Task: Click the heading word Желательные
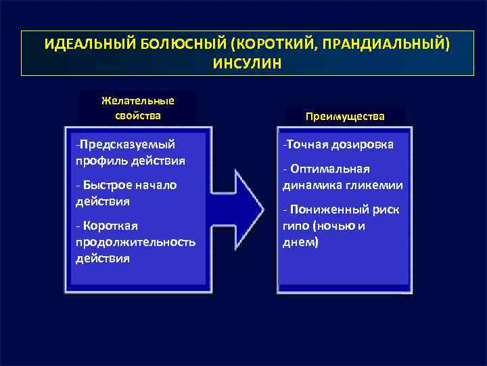tap(137, 100)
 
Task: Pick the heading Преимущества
tap(345, 116)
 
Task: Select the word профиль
tap(98, 161)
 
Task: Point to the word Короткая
tap(110, 226)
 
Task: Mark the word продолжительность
tap(136, 242)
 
